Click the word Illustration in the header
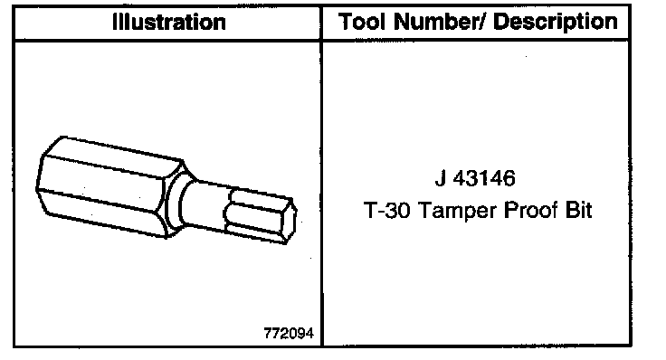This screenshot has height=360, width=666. click(x=168, y=22)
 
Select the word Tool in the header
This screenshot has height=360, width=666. click(x=363, y=22)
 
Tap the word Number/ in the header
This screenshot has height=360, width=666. click(x=440, y=22)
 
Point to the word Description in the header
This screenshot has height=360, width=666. click(x=556, y=22)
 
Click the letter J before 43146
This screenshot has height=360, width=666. click(x=441, y=178)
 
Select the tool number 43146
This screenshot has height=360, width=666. click(x=485, y=178)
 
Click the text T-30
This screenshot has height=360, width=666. click(x=387, y=210)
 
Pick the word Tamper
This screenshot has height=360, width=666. click(x=458, y=211)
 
